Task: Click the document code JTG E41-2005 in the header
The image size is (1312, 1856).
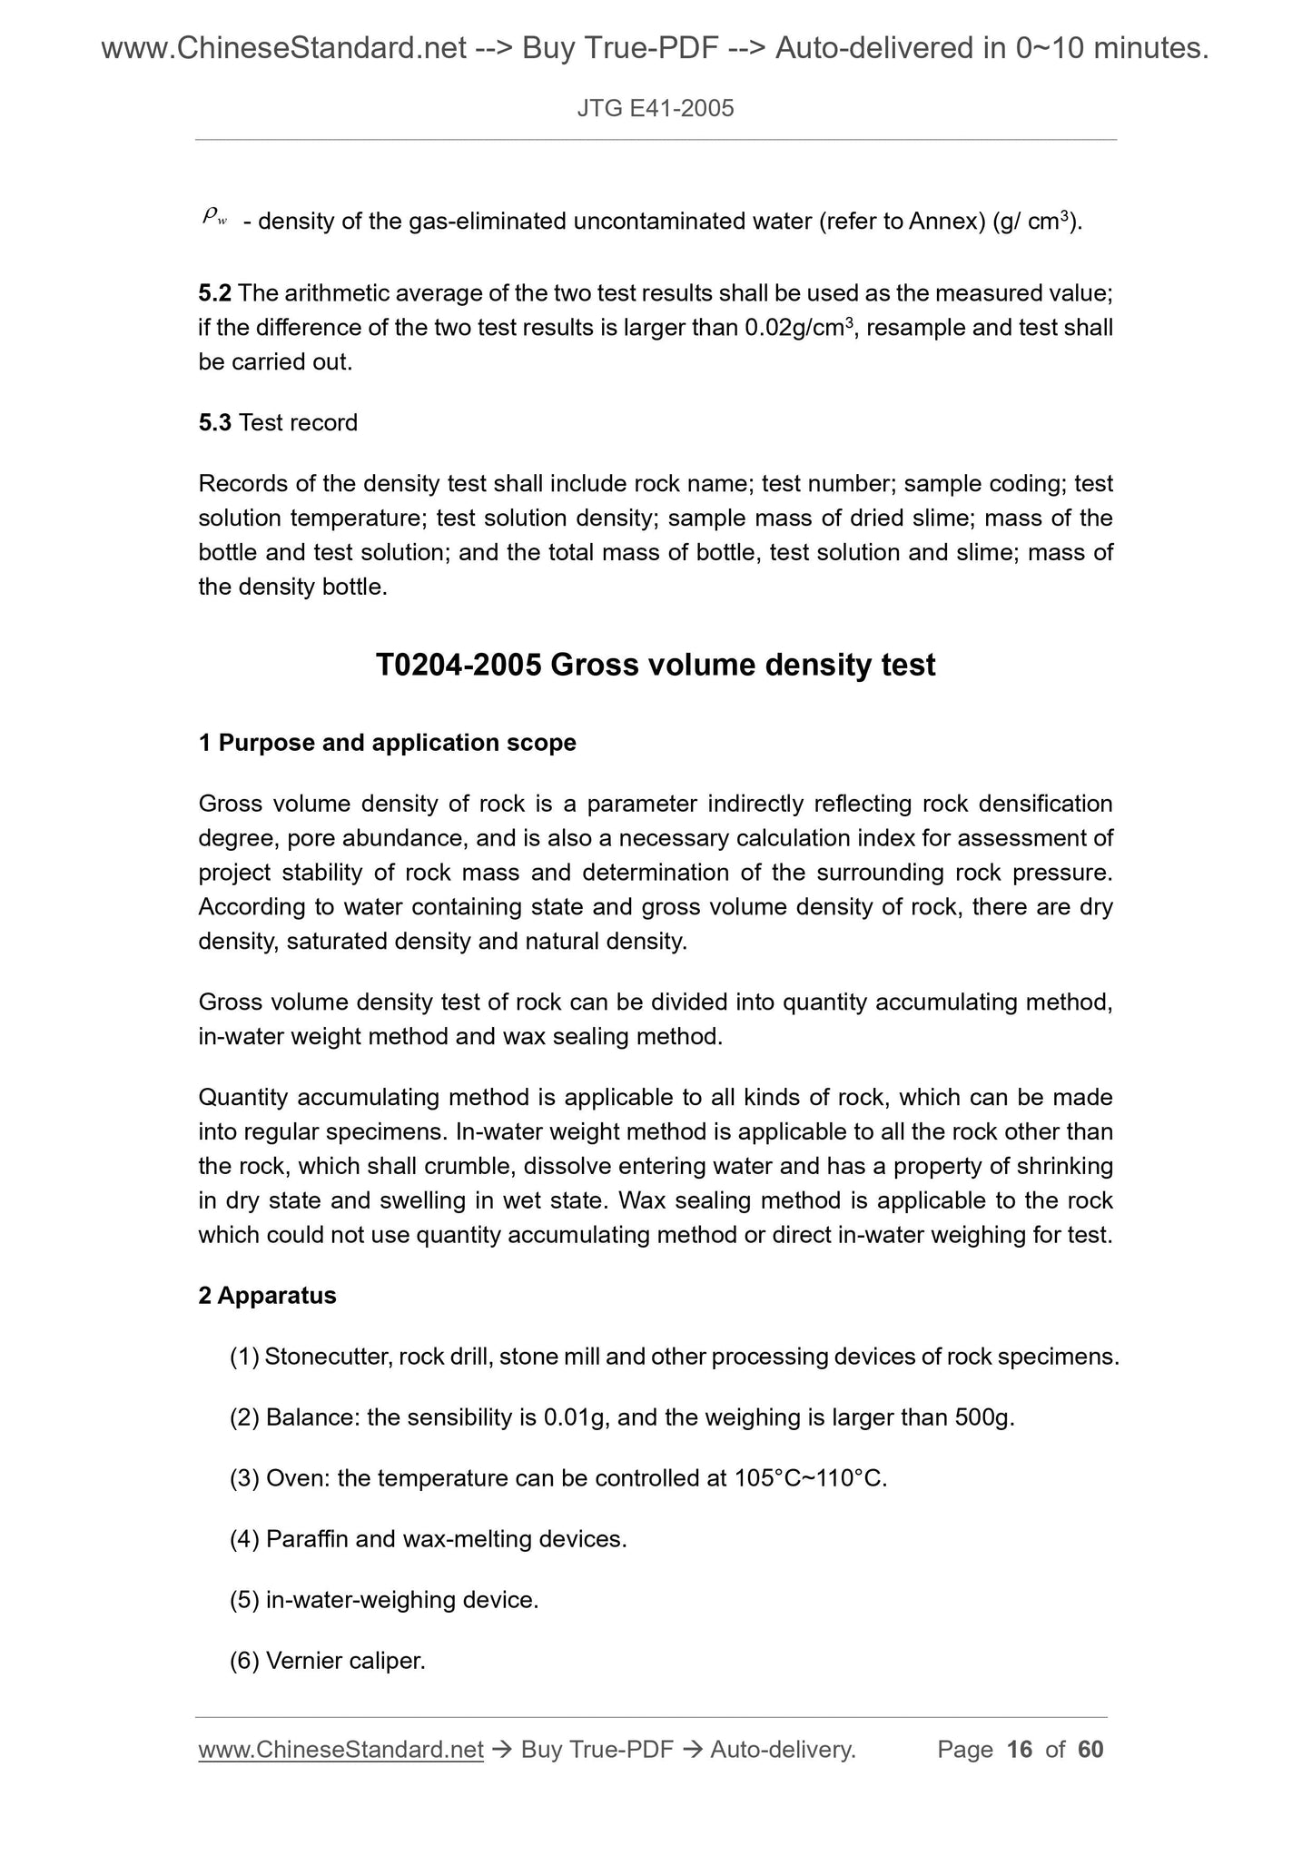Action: pyautogui.click(x=655, y=110)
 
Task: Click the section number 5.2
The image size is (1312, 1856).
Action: pyautogui.click(x=214, y=293)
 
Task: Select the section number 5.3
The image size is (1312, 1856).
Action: pyautogui.click(x=214, y=423)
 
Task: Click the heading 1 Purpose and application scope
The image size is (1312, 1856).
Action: pyautogui.click(x=387, y=743)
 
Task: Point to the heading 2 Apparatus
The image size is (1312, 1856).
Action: pyautogui.click(x=267, y=1296)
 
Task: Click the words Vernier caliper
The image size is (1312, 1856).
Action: pyautogui.click(x=345, y=1661)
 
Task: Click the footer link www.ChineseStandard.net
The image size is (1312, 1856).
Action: pyautogui.click(x=340, y=1750)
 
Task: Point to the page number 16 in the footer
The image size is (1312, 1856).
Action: pyautogui.click(x=1020, y=1750)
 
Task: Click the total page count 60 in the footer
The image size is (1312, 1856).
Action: pyautogui.click(x=1090, y=1750)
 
